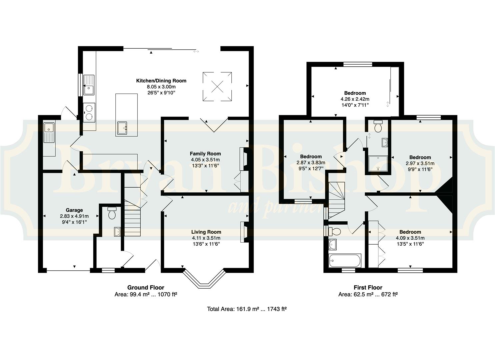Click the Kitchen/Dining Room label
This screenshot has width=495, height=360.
point(161,81)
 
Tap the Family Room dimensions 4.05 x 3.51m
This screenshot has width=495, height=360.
point(205,160)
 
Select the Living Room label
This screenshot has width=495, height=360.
point(206,232)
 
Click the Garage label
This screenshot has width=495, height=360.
point(74,210)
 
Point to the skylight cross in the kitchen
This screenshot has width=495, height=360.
point(217,86)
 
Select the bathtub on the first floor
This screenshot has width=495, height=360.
point(345,261)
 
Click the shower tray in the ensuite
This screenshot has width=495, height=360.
point(378,164)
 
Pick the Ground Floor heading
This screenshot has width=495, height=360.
point(146,288)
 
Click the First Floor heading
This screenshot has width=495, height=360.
point(368,288)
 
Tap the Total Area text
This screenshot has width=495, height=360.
point(247,309)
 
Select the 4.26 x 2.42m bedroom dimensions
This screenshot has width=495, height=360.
point(355,99)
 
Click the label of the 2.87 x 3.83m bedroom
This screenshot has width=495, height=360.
point(311,156)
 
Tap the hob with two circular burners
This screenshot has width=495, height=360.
point(89,112)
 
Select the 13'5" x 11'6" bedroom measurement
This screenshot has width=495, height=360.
point(410,244)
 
